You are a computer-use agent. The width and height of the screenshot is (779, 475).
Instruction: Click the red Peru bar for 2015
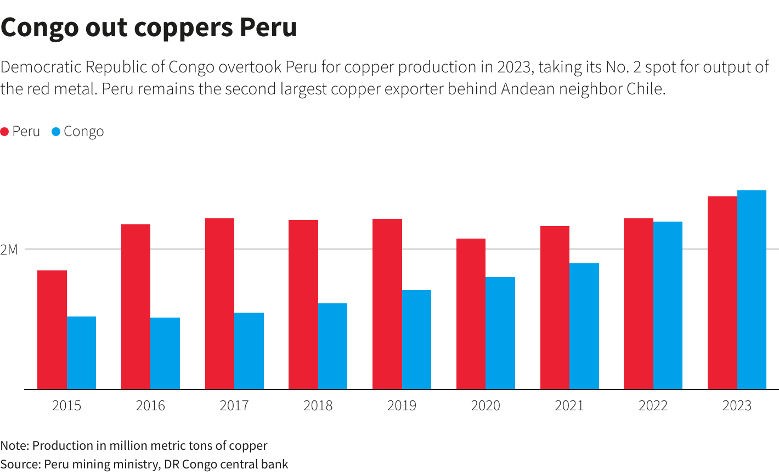[x=52, y=330]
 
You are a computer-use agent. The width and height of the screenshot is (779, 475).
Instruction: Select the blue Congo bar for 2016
[x=165, y=353]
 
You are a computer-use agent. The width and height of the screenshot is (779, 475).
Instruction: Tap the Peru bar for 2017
[x=219, y=304]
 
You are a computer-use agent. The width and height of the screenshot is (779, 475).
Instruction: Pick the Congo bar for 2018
[x=332, y=346]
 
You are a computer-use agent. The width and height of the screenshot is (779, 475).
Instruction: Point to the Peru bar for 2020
[x=471, y=314]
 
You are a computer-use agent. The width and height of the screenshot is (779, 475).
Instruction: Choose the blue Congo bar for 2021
[x=584, y=326]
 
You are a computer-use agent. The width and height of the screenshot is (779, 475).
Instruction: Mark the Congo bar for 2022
[x=668, y=306]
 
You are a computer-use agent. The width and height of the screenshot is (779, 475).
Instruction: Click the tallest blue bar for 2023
[x=752, y=290]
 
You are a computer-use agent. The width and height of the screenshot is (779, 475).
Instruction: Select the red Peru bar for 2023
[x=722, y=293]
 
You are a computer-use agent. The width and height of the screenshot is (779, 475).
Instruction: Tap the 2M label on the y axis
[x=9, y=250]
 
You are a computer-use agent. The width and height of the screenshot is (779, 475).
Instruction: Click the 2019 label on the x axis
[x=402, y=406]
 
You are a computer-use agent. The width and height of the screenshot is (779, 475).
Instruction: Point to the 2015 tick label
[x=66, y=406]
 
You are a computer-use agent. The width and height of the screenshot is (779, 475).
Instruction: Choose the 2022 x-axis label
[x=653, y=406]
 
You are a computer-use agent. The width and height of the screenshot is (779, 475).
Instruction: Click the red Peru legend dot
[x=4, y=132]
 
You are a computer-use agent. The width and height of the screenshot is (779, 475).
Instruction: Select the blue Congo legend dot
[x=56, y=132]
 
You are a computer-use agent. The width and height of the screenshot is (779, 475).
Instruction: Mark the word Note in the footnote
[x=14, y=445]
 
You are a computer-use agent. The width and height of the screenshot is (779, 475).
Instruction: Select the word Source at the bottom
[x=19, y=464]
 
